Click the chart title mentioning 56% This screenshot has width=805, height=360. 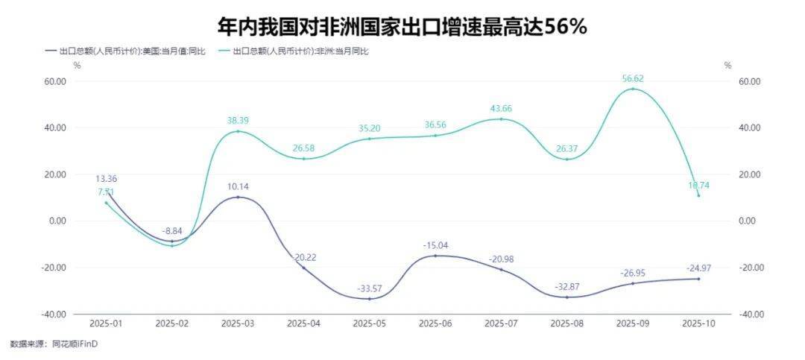click(402, 27)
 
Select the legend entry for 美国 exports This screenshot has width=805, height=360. click(130, 51)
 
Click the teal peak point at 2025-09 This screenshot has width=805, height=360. click(633, 89)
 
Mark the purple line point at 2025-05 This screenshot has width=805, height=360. click(370, 299)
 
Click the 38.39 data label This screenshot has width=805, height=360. click(238, 120)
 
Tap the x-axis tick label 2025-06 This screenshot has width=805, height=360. click(435, 323)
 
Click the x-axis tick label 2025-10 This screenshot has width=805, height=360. click(698, 323)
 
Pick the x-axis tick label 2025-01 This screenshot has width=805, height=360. click(106, 323)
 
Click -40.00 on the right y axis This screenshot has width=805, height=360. click(745, 314)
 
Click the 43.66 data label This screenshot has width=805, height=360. click(501, 108)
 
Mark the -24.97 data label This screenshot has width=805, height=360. click(698, 268)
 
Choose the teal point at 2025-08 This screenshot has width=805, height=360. click(567, 160)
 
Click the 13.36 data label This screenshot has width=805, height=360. click(106, 179)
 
